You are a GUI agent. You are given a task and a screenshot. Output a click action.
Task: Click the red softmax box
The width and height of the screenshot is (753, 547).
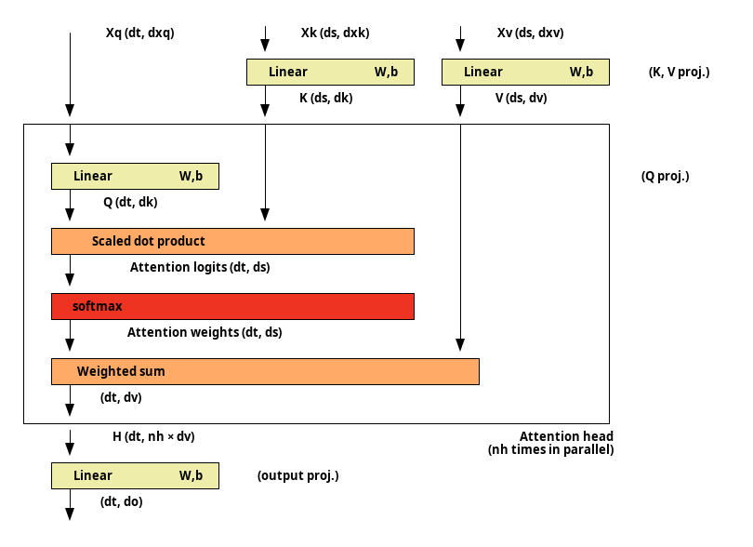232,306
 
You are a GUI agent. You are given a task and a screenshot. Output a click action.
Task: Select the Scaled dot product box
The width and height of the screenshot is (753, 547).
232,241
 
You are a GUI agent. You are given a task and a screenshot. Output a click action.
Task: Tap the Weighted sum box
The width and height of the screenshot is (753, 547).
265,371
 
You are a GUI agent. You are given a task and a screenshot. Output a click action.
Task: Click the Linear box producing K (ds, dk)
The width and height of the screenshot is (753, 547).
330,73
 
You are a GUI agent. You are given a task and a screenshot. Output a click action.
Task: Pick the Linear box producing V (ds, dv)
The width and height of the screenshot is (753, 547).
525,73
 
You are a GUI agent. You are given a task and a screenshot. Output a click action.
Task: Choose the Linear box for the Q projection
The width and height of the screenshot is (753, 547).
135,176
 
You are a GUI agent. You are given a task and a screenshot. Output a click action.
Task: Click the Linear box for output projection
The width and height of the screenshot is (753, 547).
135,476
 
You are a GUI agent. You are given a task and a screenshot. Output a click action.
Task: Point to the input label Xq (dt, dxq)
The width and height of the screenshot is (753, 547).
139,33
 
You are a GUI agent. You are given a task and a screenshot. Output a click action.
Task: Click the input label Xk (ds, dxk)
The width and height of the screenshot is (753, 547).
336,33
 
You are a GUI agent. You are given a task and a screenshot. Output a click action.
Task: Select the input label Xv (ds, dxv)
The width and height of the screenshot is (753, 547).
530,33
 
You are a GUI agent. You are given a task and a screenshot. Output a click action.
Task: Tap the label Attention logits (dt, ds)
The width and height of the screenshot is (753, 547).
200,267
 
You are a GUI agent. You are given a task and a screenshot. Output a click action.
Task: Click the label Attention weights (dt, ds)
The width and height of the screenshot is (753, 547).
205,332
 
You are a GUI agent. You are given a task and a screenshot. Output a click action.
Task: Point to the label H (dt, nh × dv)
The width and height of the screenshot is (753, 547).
153,436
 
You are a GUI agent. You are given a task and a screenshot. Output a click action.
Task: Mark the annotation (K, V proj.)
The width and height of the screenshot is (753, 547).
679,73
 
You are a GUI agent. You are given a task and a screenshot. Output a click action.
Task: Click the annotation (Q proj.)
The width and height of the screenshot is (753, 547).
665,177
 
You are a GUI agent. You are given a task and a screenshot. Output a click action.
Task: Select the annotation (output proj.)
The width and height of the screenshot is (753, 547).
297,476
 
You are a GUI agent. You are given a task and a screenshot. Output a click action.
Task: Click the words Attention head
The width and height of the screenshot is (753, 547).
567,436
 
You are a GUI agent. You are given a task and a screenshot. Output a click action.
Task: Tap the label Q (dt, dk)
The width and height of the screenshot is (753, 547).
130,202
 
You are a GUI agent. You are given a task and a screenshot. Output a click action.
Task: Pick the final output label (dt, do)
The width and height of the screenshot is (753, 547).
122,501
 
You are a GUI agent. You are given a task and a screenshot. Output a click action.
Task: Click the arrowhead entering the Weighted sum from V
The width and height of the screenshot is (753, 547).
460,344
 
